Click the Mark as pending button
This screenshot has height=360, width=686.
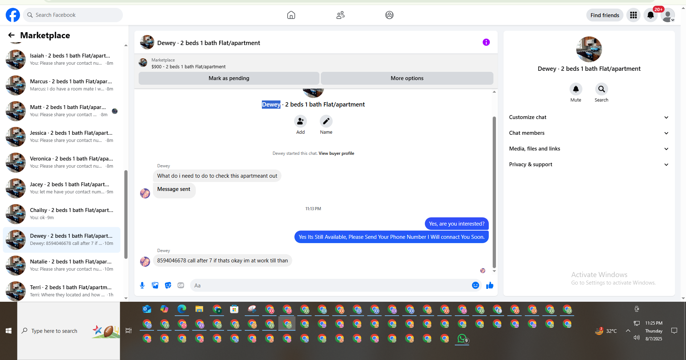[x=229, y=78]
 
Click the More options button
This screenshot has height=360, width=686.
[x=407, y=78]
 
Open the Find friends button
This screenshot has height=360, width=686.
[x=605, y=15]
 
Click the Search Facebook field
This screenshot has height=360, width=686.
[x=73, y=15]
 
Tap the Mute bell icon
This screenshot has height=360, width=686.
[x=576, y=89]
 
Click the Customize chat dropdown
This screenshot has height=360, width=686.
[x=589, y=117]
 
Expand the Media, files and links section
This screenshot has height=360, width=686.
[x=589, y=149]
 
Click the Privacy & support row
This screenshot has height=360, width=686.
[x=589, y=164]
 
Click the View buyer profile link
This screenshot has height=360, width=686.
[x=336, y=153]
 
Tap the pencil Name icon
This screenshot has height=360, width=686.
[x=326, y=121]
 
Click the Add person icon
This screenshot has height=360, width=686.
[x=300, y=121]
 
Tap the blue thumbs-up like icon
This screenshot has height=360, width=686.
[x=490, y=285]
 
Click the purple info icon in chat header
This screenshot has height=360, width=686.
[x=486, y=42]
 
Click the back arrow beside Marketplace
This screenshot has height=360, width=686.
[x=11, y=35]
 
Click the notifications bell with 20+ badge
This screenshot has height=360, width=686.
[x=651, y=15]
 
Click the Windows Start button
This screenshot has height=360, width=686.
[x=9, y=331]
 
